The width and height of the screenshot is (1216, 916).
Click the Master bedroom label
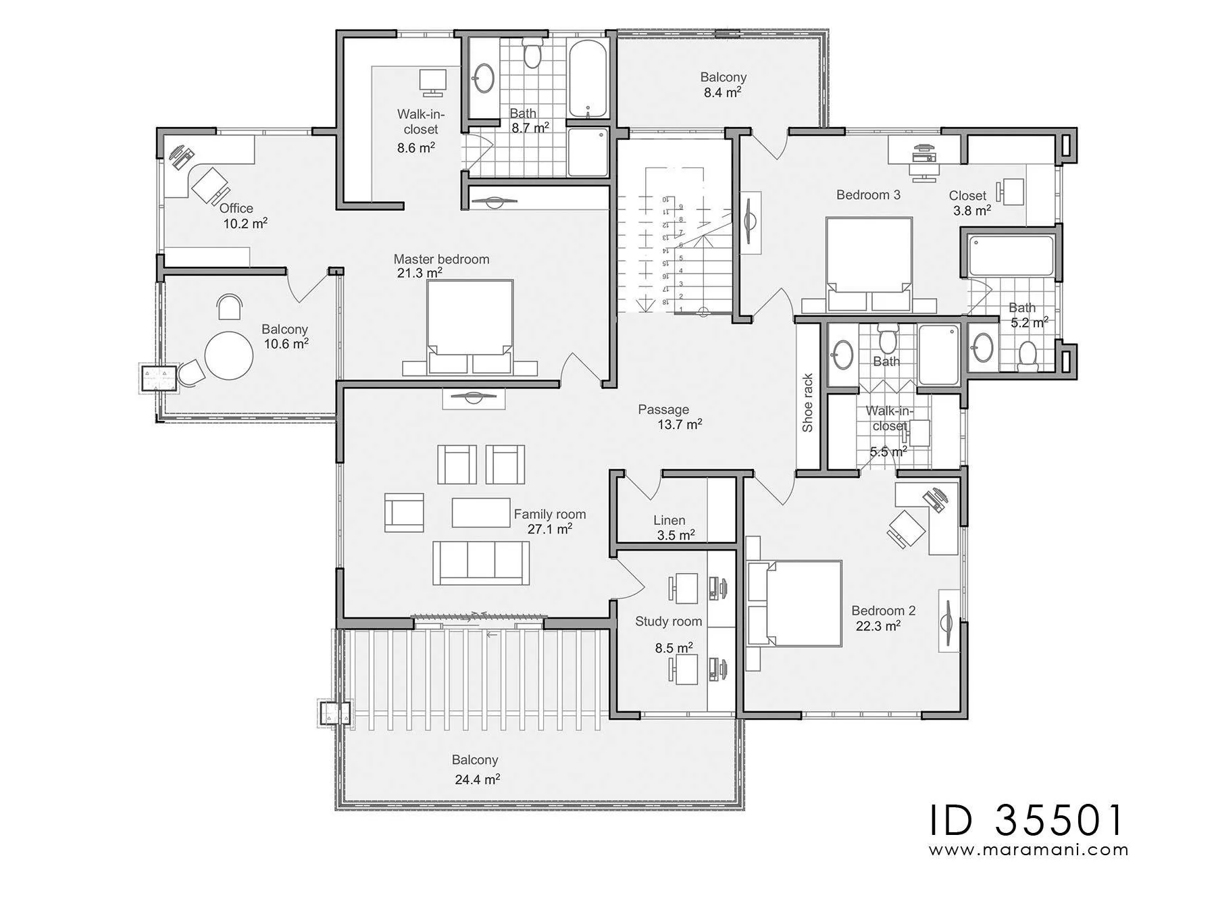441,259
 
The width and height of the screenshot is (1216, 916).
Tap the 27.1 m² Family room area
549,529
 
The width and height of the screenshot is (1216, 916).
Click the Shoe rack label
807,403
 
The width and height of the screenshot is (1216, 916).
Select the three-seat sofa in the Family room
481,562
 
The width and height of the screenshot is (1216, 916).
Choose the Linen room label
669,520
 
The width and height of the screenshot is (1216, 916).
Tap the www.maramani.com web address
1028,850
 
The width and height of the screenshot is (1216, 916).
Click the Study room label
668,621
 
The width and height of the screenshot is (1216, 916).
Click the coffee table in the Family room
481,512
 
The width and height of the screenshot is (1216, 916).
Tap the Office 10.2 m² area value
245,224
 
